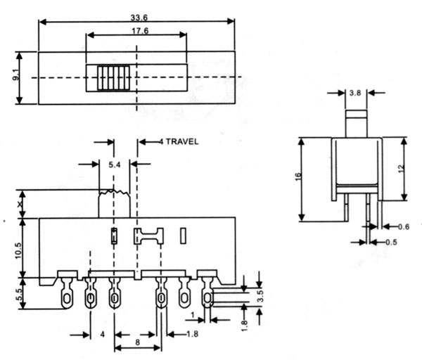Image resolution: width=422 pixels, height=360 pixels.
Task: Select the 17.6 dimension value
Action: (x=136, y=30)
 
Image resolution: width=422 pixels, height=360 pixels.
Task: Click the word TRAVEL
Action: (x=181, y=141)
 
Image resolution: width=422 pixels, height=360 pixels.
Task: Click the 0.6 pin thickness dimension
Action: (x=402, y=226)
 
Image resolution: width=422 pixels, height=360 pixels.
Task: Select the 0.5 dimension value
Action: (x=392, y=243)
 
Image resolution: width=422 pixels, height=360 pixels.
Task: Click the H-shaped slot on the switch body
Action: (x=148, y=235)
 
